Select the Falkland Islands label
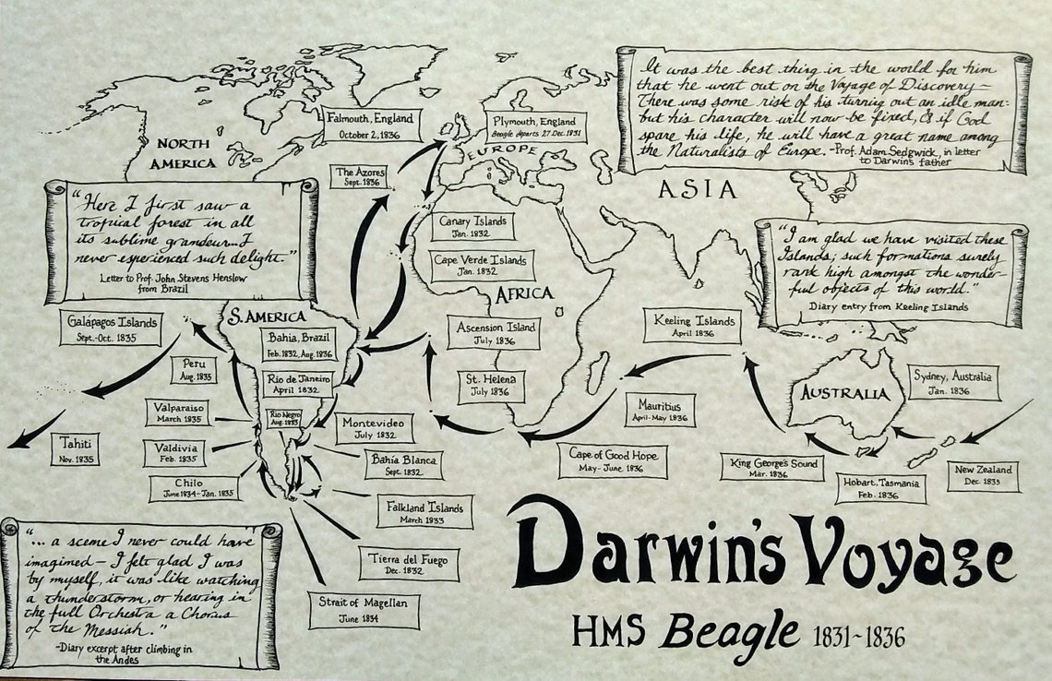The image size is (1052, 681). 425,511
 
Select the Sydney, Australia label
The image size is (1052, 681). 953,382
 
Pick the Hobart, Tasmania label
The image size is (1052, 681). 879,489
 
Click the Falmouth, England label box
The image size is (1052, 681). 372,125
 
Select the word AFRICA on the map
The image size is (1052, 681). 524,293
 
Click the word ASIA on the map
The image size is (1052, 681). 698,190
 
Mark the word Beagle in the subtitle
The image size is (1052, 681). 729,631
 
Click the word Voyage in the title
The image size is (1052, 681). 892,554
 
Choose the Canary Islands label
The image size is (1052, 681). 472,227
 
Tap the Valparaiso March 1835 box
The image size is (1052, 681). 176,412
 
